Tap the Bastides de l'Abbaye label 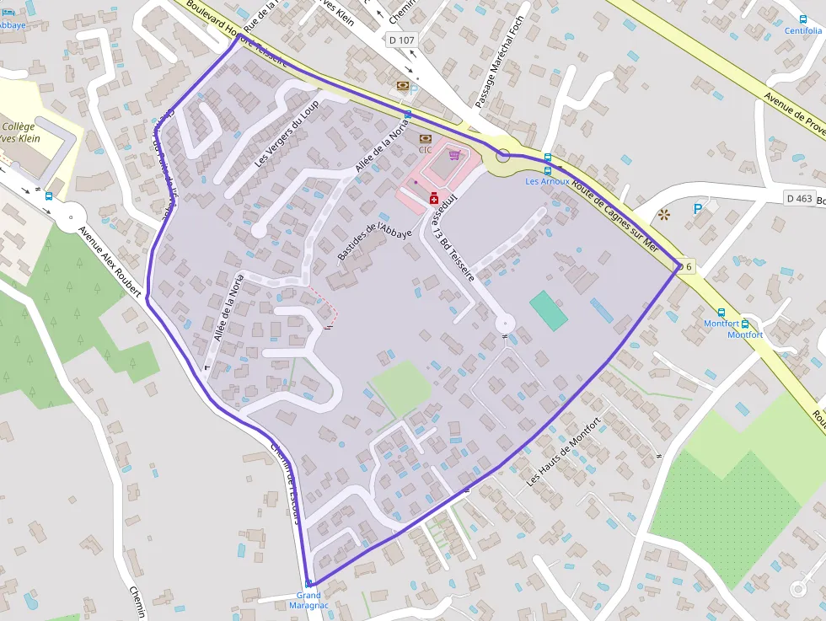point(374,242)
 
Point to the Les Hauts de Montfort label point(562,452)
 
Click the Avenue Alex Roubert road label point(109,261)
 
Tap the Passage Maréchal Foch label point(499,61)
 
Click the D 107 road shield point(402,40)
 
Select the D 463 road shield point(798,198)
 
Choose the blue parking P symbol point(697,209)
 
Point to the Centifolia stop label point(802,31)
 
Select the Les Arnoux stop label point(547,181)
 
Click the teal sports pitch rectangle point(549,310)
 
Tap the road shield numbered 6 point(686,267)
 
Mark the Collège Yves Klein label point(24,132)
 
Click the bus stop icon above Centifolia point(802,19)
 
